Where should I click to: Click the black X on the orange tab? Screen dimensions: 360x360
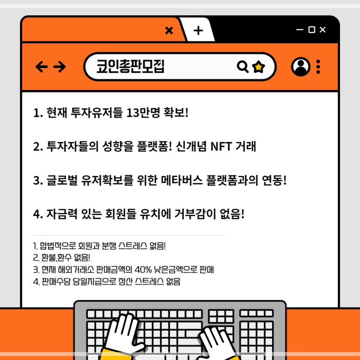coord(169,30)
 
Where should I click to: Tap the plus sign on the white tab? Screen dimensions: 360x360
coord(198,31)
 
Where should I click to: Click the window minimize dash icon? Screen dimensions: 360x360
coord(300,30)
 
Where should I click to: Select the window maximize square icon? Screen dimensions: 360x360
coord(312,30)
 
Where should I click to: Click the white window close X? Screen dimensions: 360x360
coord(323,30)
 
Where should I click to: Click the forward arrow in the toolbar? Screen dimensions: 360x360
coord(60,67)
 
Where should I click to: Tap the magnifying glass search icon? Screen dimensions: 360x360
coord(243,67)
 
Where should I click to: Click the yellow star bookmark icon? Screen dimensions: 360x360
coord(258,67)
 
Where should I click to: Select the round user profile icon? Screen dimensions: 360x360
coord(300,67)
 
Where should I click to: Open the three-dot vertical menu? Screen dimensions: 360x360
coord(318,67)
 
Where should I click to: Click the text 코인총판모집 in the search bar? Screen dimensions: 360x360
coord(130,66)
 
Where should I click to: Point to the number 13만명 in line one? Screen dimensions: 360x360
coord(143,113)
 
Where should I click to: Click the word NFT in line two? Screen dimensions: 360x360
coord(221,147)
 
